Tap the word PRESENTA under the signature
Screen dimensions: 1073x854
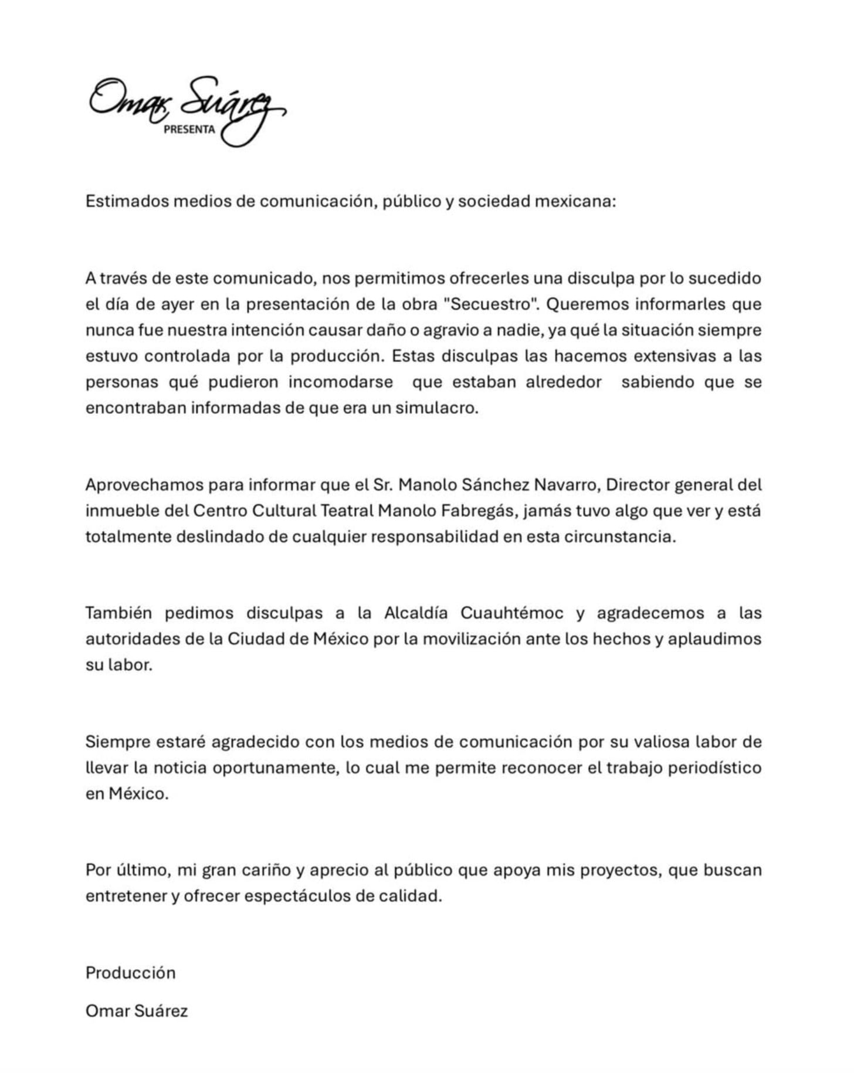[189, 130]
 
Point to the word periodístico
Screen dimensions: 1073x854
[714, 768]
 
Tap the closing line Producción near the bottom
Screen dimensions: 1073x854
[130, 973]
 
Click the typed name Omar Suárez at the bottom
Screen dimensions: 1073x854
[137, 1011]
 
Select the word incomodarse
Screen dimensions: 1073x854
[340, 382]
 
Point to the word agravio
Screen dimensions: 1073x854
[456, 330]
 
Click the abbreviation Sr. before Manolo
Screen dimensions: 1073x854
[382, 485]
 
